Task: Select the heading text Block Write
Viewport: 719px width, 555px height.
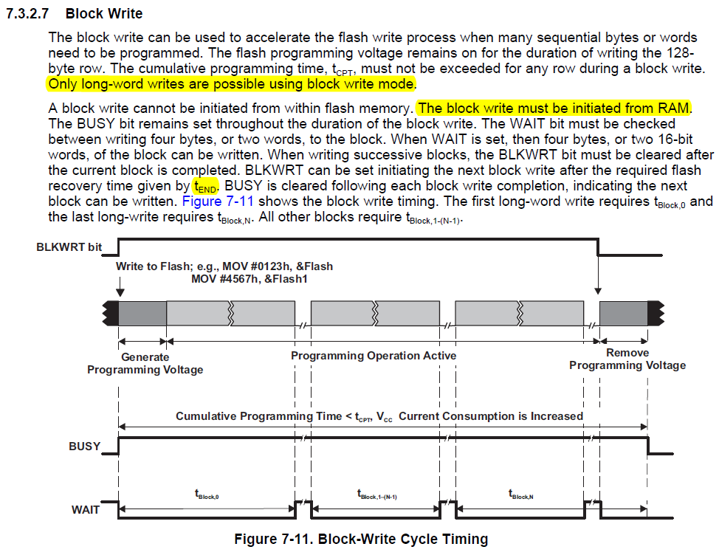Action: [x=104, y=14]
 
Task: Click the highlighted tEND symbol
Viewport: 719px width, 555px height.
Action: [x=206, y=186]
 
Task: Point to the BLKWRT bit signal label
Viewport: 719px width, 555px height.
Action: [x=69, y=247]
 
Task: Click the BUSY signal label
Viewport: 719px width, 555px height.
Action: [x=84, y=447]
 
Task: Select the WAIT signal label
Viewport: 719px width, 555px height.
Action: [x=86, y=509]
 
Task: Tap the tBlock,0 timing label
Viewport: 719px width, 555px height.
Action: [x=207, y=496]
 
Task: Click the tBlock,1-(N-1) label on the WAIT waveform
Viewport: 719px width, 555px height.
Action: [x=376, y=496]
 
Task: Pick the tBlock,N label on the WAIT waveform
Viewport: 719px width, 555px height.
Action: [x=520, y=496]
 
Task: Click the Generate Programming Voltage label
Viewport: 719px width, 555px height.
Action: [x=145, y=363]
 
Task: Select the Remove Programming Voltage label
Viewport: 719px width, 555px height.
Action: [x=627, y=359]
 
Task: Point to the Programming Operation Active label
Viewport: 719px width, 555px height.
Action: [x=374, y=356]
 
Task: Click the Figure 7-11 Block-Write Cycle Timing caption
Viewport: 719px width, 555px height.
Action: [x=361, y=540]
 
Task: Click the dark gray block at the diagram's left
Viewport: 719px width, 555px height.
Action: [x=142, y=313]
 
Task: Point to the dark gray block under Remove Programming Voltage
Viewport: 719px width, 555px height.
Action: [x=623, y=313]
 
